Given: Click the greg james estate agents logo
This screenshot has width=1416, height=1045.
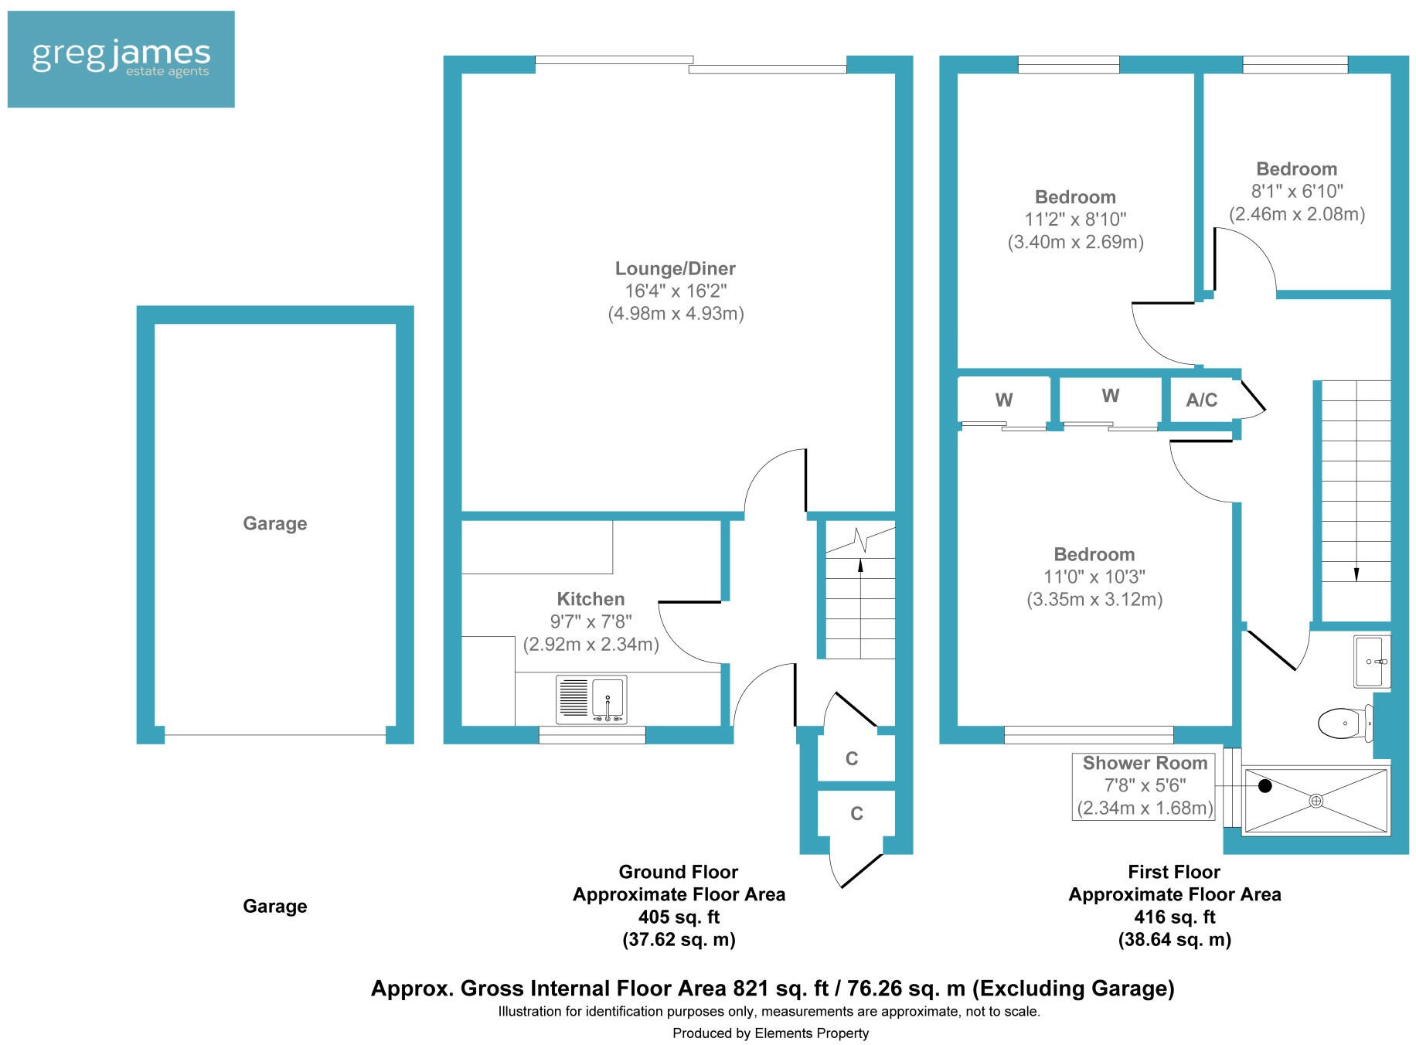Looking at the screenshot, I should tap(121, 59).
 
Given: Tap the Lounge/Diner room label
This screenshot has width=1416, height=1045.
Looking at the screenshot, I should tap(675, 268).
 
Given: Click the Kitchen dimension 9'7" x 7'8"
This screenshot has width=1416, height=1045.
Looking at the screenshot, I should tap(591, 621).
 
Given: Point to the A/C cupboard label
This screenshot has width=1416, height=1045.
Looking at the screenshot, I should tap(1201, 400).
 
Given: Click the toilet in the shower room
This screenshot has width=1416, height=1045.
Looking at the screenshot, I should tap(1343, 723).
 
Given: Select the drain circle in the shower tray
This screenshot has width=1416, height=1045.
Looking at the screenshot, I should tap(1316, 801).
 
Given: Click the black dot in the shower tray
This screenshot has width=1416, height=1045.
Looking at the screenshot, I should tap(1265, 786).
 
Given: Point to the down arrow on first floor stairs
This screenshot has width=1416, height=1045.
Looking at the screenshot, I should tap(1356, 573).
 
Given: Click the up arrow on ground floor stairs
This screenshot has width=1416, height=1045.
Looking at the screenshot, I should tap(860, 566).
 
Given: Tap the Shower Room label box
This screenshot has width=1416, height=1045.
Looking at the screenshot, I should tap(1144, 785).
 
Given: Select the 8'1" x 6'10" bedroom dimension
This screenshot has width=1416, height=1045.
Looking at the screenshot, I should tap(1297, 191).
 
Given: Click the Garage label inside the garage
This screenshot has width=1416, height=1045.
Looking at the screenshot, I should tap(275, 523).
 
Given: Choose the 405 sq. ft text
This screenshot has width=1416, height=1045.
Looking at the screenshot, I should tap(679, 917).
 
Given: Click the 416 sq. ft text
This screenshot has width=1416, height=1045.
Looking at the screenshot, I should tap(1174, 917).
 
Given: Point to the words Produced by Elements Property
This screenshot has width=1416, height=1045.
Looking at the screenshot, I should tap(770, 1033).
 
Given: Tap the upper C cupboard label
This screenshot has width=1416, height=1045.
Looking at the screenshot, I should tap(852, 758).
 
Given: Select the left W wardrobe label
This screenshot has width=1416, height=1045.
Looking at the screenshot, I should tap(1003, 400).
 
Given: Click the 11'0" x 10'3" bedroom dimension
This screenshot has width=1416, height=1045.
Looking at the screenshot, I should tap(1094, 577).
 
